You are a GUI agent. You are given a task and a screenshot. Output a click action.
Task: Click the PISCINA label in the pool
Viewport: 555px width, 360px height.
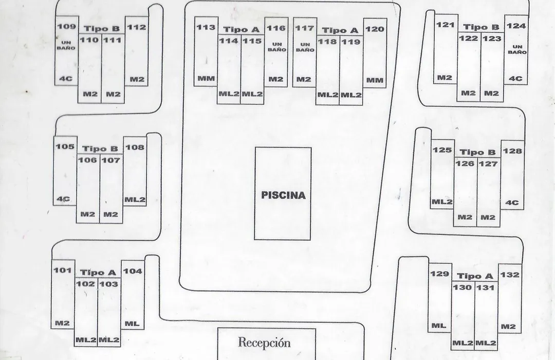pos(283,195)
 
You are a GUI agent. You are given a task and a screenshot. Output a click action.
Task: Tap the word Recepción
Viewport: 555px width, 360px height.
pos(265,343)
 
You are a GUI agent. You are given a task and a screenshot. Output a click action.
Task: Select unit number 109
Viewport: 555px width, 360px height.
pos(66,27)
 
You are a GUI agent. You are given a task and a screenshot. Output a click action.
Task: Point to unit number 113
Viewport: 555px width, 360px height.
pos(206,27)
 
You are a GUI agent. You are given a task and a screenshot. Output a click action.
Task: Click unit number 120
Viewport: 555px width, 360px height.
pos(375,29)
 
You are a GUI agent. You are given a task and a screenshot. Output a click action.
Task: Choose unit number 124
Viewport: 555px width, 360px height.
pos(516,26)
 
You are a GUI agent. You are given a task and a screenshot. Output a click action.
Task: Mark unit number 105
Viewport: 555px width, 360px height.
pos(65,147)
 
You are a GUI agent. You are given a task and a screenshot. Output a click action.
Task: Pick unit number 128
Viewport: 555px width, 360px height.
pos(512,151)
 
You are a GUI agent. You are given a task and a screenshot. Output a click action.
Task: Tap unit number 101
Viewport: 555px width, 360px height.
pos(63,271)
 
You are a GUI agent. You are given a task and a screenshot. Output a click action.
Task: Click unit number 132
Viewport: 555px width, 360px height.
pos(510,275)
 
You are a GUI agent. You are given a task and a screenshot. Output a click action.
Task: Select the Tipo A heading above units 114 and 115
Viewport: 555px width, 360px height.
pos(241,29)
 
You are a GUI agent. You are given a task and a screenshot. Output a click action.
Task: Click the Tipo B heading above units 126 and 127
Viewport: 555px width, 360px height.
pos(477,153)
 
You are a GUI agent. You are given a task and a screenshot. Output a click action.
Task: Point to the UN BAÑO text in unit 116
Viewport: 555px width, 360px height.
pos(277,47)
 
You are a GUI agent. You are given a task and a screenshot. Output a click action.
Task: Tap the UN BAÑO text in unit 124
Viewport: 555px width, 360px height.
pos(517,49)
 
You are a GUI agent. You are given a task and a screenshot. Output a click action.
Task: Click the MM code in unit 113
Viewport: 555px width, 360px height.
pos(206,78)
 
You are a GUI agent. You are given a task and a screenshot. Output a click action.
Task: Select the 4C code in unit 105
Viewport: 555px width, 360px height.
pos(63,199)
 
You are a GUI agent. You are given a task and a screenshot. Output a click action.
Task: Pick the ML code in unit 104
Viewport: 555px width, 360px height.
pos(132,323)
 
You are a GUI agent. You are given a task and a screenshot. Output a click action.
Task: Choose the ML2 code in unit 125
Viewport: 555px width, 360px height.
pos(442,202)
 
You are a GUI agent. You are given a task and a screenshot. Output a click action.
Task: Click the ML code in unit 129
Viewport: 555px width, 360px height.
pos(438,326)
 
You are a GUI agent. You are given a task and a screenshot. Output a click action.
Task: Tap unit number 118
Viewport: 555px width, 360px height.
pos(327,42)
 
